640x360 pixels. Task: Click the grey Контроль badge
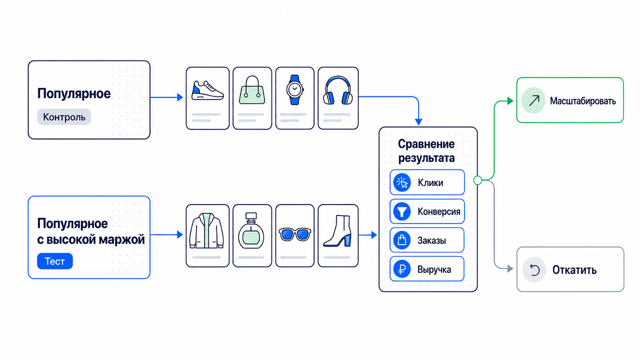point(64,117)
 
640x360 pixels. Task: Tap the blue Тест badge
point(55,261)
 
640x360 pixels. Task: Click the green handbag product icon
point(252,89)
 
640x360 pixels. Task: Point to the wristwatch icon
point(294,89)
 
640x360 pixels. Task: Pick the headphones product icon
point(337,90)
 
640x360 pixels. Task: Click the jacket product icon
point(206,230)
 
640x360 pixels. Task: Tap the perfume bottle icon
point(251,230)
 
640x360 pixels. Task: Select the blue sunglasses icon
point(294,234)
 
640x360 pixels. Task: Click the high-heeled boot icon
point(337,231)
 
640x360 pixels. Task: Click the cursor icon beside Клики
point(402,182)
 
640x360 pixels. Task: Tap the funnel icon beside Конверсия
point(402,211)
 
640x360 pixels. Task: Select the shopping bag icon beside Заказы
point(402,240)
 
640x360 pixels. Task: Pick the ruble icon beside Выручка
point(402,269)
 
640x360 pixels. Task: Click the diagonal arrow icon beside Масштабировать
point(533,100)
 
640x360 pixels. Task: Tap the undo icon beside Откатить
point(534,269)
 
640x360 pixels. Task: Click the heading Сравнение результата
point(426,151)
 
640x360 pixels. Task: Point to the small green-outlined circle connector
point(477,180)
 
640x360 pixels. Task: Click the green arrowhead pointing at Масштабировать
point(510,101)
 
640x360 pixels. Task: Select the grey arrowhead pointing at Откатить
point(510,268)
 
